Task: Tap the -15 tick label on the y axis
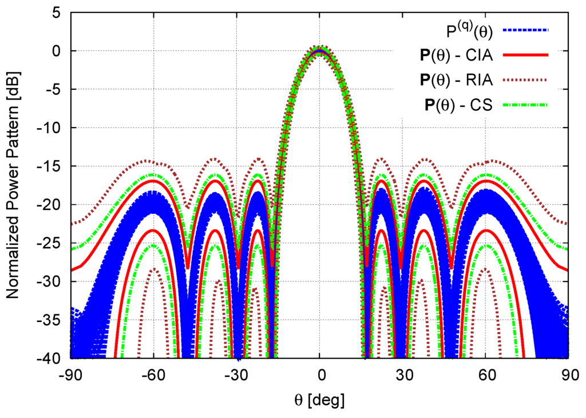pos(53,166)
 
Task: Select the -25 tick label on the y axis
pos(53,243)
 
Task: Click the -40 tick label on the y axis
pos(53,359)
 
